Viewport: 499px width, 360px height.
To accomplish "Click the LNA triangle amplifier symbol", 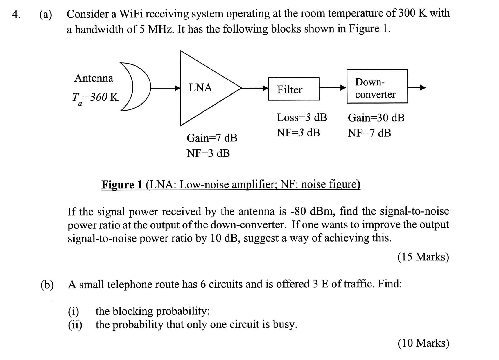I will click(x=203, y=88).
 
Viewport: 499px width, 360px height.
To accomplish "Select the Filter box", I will click(x=294, y=89).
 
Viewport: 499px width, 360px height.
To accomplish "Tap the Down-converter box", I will click(x=377, y=86).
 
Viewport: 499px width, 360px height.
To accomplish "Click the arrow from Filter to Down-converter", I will click(x=333, y=87).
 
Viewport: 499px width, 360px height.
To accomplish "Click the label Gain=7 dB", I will click(x=212, y=138).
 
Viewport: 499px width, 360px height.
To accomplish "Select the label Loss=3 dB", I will click(x=302, y=118).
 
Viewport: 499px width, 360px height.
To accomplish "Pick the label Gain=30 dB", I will click(x=376, y=118).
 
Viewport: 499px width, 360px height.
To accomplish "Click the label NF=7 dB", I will click(x=369, y=133).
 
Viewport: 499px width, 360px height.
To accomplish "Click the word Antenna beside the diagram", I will click(x=94, y=78).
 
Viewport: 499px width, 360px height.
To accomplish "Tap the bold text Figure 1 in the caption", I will click(x=122, y=184).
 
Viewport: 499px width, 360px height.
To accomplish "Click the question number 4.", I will click(x=16, y=14).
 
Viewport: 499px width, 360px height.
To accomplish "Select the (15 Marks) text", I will click(x=423, y=257).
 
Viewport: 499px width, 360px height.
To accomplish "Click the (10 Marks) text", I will click(x=423, y=343).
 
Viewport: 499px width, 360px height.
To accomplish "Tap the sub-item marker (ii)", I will click(x=75, y=325).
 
